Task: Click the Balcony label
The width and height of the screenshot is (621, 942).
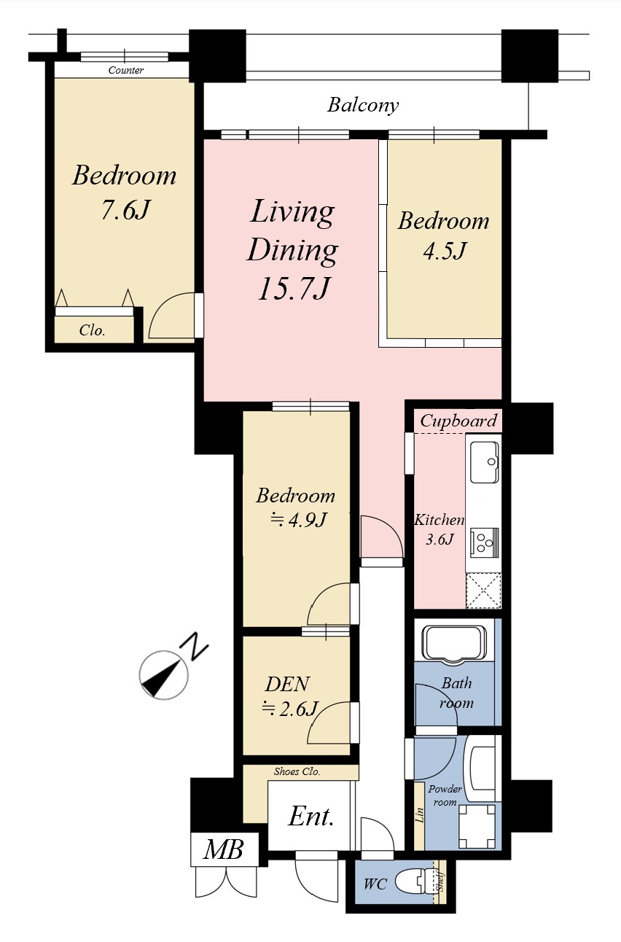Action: tap(363, 105)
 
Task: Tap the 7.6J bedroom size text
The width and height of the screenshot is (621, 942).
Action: tap(125, 209)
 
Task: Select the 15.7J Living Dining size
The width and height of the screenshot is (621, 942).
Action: tap(293, 289)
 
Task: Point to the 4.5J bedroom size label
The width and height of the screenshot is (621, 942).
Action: tap(445, 251)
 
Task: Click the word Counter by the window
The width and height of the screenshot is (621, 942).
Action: tap(125, 70)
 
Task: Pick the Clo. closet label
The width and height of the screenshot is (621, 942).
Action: tap(92, 330)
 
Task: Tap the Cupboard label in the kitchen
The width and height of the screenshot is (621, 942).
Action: tap(458, 421)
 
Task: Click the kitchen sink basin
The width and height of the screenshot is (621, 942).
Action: tap(485, 462)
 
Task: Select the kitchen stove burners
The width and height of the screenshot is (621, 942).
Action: tap(485, 541)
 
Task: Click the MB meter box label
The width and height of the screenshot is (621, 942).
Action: tap(224, 849)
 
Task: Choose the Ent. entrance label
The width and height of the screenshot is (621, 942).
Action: tap(311, 817)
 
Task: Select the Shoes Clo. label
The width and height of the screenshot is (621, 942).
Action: tap(297, 771)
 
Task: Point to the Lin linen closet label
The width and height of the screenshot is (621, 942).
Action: tap(419, 815)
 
